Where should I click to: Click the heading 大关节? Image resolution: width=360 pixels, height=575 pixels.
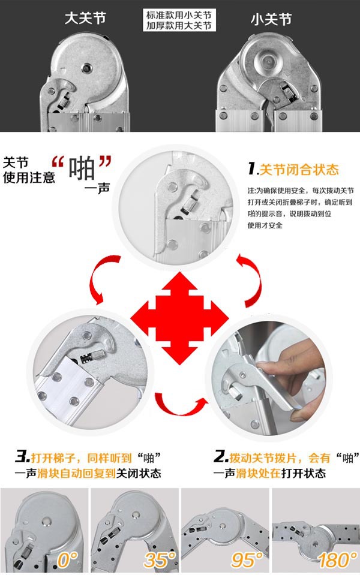pos(85,19)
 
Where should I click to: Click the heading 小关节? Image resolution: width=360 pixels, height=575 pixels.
pos(271,19)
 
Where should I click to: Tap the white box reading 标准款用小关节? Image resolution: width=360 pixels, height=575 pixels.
pos(179,20)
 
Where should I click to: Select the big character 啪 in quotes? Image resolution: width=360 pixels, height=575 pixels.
pos(82,168)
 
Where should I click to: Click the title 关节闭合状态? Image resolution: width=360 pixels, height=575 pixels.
pos(299,170)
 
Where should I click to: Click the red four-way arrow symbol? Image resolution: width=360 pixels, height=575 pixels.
pos(179,318)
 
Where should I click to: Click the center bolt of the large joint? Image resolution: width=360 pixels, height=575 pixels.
pos(86,68)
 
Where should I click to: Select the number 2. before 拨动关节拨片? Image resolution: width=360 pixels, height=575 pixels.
pos(221,457)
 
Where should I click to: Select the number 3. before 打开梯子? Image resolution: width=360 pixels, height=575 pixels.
pos(22,457)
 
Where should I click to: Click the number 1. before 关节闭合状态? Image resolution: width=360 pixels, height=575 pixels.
pos(253,168)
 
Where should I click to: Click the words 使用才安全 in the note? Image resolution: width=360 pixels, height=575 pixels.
pos(265,225)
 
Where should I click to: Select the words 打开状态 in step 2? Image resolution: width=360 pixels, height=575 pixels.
pos(303,474)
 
